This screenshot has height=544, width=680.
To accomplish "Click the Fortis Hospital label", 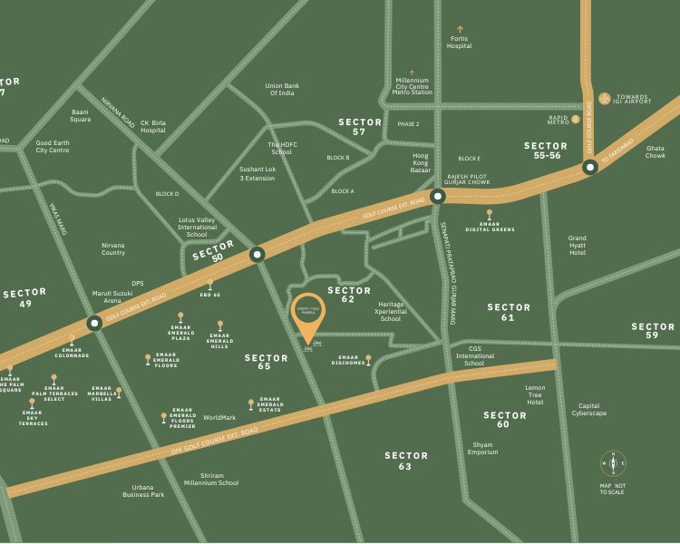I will tap(460, 42).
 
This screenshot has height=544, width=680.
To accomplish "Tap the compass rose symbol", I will tap(614, 463).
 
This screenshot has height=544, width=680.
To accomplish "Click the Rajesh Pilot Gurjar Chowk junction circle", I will tap(438, 196).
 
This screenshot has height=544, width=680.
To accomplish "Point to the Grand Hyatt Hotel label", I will tap(578, 245).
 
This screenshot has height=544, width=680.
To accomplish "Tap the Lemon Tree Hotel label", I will tap(535, 394).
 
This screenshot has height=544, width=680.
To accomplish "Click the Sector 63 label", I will tap(405, 461).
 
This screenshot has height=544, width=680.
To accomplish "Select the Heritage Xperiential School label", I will tap(391, 312).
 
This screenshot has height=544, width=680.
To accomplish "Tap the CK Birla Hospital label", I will tap(153, 126).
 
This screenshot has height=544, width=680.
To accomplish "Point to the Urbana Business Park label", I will tap(143, 491).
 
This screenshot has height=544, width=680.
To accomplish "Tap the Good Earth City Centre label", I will tap(53, 146).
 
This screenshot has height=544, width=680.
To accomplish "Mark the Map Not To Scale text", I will tap(614, 489).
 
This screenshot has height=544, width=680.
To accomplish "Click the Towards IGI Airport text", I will tap(633, 100).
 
